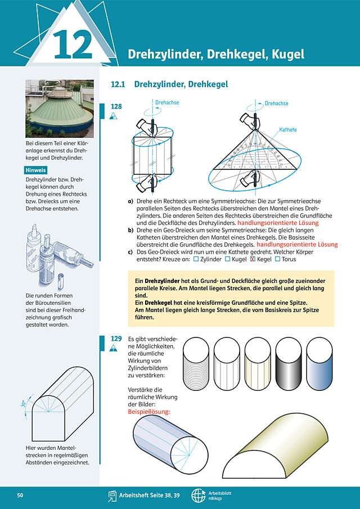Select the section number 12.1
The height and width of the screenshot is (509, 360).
tap(118, 84)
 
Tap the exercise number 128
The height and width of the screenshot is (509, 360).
tap(116, 106)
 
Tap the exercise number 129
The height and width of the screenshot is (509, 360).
tap(116, 339)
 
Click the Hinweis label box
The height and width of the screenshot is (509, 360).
tap(35, 170)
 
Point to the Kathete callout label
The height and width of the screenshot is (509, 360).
tap(288, 130)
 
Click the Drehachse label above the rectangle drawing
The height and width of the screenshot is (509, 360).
tap(167, 102)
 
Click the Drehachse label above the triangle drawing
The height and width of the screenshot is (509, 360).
tap(276, 103)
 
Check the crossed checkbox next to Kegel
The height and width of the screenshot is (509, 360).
tap(253, 259)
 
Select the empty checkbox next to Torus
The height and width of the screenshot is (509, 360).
tap(277, 259)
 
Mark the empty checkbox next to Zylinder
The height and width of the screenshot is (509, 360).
tap(196, 259)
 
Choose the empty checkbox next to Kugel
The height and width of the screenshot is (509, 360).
tap(228, 259)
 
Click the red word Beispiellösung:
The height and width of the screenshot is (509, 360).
tap(149, 412)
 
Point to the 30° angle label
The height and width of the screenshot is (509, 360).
tap(23, 404)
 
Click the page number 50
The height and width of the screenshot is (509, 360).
tap(20, 496)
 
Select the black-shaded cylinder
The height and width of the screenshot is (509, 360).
tap(289, 363)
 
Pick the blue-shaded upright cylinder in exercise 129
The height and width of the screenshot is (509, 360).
tap(319, 363)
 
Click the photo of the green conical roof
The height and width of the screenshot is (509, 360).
tap(60, 109)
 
